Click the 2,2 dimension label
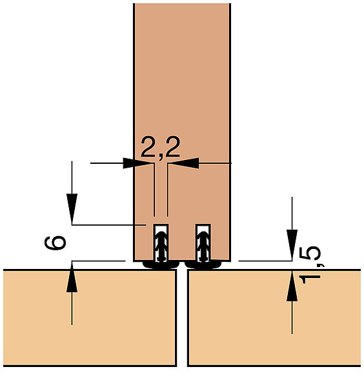pos(160,148)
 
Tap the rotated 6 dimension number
pos(56,243)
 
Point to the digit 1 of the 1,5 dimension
pos(309,279)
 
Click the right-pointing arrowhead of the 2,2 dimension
pos(137,163)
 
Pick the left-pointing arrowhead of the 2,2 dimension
pos(185,163)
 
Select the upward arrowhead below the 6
pos(72,277)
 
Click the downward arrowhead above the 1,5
pos(292,244)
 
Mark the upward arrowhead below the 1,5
pos(292,286)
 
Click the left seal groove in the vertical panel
pos(161,243)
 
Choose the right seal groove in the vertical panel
pos(203,243)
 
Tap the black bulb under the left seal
pos(161,264)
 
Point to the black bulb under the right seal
pos(203,264)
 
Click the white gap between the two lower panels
pos(182,318)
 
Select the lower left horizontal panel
pos(90,318)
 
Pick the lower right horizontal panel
pos(274,318)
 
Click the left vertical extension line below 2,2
pos(154,190)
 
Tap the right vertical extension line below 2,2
pos(168,190)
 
